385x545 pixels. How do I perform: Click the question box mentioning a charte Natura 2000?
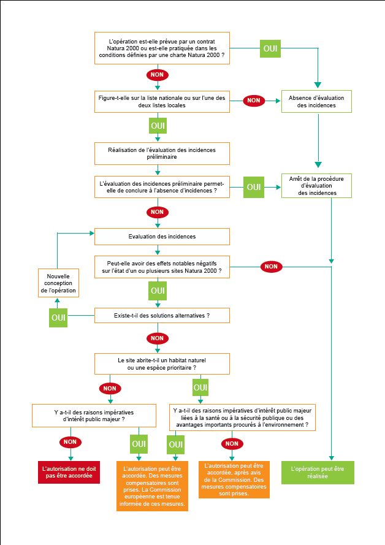(x=162, y=48)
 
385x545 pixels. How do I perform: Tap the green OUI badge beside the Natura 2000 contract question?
(x=270, y=48)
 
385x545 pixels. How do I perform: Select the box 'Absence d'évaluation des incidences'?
(x=316, y=101)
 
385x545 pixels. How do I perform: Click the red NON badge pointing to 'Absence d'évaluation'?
(x=254, y=101)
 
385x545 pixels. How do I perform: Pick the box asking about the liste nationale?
(x=162, y=101)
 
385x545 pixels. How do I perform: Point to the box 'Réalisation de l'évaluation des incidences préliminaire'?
(x=162, y=153)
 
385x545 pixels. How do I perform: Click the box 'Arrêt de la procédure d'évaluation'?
(x=316, y=186)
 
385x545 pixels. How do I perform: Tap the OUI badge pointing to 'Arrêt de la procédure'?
(x=254, y=186)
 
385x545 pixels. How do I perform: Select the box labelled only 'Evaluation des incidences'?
(x=162, y=236)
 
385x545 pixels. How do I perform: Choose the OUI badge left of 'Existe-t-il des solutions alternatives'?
(x=59, y=317)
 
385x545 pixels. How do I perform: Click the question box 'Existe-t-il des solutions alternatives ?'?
(x=162, y=315)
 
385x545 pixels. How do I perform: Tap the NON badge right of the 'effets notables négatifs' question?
(x=271, y=266)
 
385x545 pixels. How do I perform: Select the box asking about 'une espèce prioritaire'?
(x=162, y=364)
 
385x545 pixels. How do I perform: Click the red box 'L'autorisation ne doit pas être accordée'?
(x=69, y=471)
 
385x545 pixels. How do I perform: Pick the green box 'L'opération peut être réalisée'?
(x=318, y=471)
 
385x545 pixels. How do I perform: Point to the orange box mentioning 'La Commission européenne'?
(x=152, y=486)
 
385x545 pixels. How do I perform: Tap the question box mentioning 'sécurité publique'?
(x=243, y=417)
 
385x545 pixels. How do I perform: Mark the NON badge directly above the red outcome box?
(x=70, y=441)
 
